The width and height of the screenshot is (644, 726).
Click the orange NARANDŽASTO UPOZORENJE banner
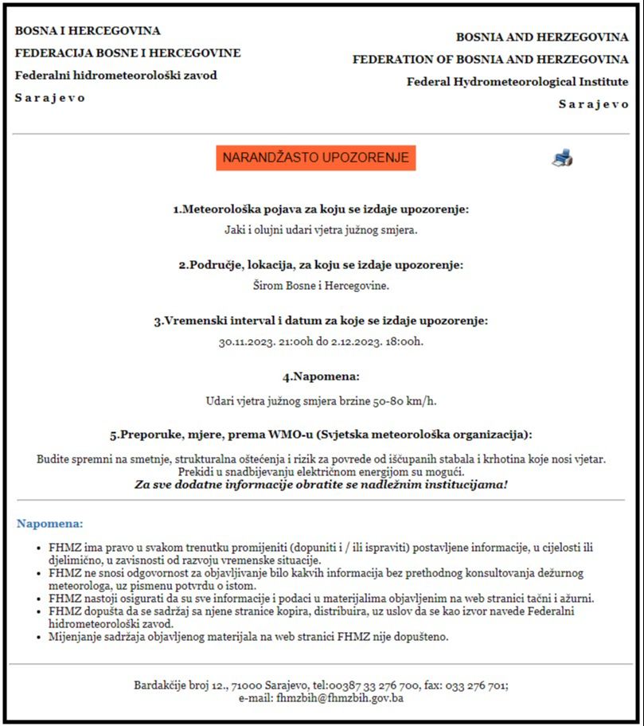[316, 158]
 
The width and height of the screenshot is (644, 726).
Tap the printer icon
[562, 158]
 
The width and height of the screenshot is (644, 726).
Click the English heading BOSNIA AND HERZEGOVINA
[541, 37]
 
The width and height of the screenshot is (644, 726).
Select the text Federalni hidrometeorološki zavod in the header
[116, 75]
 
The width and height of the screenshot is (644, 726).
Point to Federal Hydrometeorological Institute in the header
[517, 81]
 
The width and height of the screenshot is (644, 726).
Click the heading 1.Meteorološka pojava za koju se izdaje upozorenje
[321, 209]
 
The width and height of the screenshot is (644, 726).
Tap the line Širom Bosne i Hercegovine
[321, 285]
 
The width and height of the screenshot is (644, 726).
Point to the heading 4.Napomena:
[321, 376]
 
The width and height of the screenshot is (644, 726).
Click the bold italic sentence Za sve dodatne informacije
[321, 483]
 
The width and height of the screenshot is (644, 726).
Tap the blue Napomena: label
[49, 524]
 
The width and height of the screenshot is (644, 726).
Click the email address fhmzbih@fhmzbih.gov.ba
[340, 698]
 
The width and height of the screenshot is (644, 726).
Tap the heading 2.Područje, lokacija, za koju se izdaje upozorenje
[321, 264]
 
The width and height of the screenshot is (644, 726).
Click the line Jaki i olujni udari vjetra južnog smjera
[321, 230]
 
